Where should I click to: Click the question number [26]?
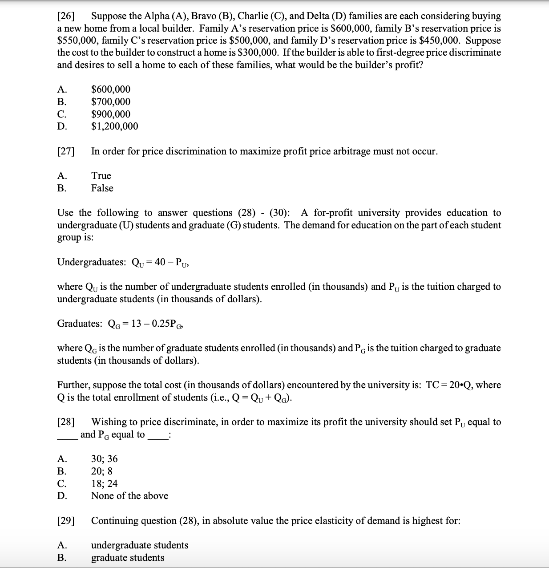pos(66,16)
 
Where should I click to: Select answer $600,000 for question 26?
pos(111,89)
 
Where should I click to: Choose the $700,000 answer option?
pos(111,102)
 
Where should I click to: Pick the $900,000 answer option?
pos(111,114)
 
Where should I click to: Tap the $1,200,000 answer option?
pos(114,126)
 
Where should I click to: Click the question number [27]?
pos(66,151)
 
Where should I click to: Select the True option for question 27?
pos(101,176)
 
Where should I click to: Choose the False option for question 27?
pos(102,188)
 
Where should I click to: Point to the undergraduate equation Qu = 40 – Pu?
pos(161,262)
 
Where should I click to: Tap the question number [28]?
pos(66,422)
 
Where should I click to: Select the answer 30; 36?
pos(105,459)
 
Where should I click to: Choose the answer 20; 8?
pos(102,471)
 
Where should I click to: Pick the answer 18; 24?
pos(105,484)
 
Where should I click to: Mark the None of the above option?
pos(129,496)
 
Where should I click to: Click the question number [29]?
pos(66,521)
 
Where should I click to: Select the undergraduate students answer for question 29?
pos(140,545)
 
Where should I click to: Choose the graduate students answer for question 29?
pos(128,558)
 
